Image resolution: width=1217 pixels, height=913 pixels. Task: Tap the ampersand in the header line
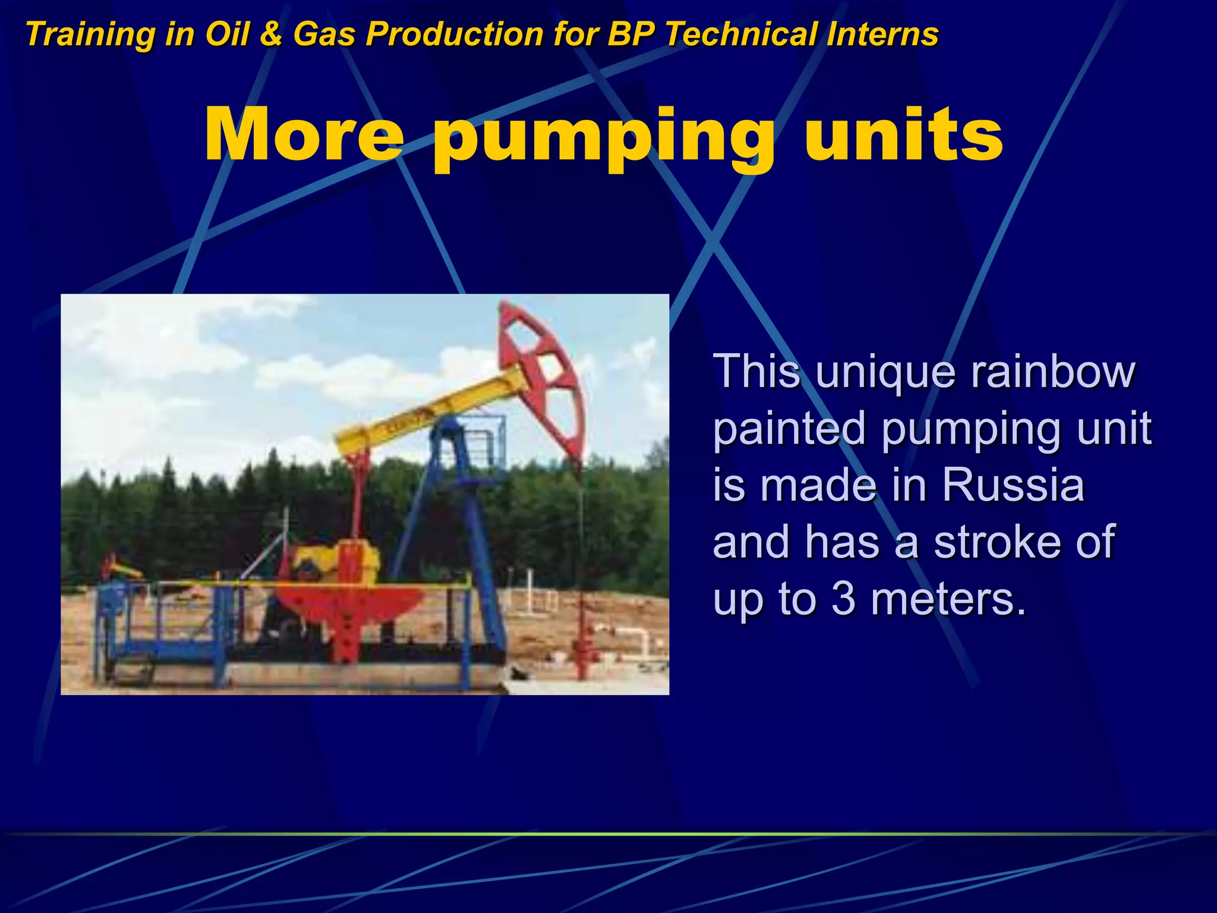pos(271,34)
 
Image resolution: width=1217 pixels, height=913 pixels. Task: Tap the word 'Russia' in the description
pos(1013,485)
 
